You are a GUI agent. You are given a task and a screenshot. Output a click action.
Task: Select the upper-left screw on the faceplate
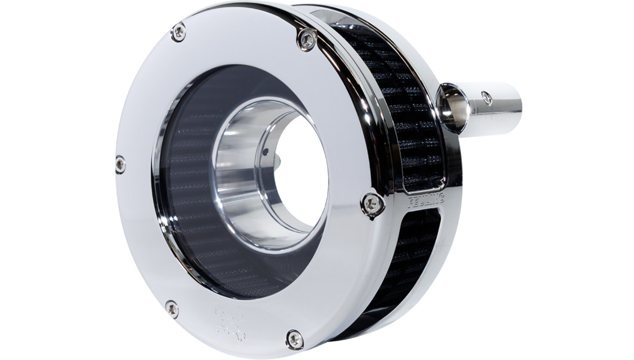(178, 33)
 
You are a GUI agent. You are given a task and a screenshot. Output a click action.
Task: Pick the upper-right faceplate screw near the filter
(306, 40)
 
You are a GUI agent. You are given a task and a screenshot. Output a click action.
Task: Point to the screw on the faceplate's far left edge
(120, 163)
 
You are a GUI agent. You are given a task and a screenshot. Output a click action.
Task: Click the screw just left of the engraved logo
(172, 308)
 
